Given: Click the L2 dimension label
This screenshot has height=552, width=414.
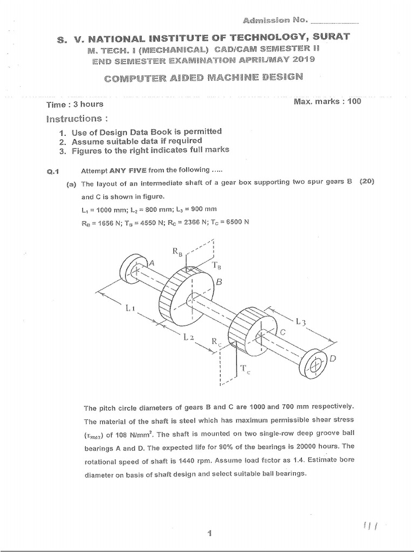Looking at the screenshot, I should [188, 337].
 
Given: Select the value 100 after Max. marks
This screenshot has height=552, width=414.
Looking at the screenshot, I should [354, 101].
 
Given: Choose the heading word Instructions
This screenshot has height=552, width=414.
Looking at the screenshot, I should [73, 118].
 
